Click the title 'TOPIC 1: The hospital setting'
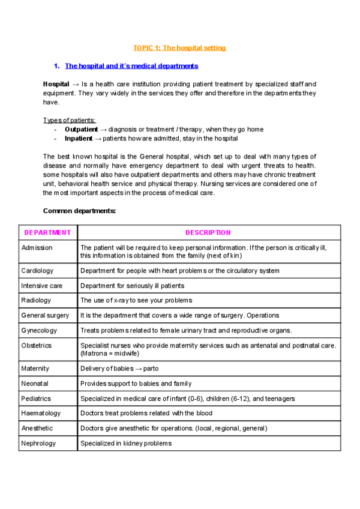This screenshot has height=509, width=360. point(179,47)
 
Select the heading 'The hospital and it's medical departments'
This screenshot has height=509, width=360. point(131,66)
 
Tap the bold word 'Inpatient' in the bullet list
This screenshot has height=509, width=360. point(78,138)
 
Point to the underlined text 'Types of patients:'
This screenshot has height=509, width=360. point(70,120)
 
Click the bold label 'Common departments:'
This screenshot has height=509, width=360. point(79,211)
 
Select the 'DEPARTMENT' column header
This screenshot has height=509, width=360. point(47,232)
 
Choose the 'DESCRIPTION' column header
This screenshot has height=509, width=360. point(208,232)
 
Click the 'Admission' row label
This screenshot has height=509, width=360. point(37,247)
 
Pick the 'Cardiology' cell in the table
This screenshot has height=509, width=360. point(37,271)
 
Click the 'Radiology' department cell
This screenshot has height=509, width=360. point(36,300)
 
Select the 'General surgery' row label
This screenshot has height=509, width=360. point(45,315)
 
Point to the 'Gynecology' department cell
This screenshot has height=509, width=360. point(39,330)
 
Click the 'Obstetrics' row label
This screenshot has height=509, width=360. point(37,345)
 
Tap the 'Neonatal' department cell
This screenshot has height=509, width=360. point(35,384)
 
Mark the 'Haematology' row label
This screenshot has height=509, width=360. point(41,413)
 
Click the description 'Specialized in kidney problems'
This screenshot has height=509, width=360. point(126,444)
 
